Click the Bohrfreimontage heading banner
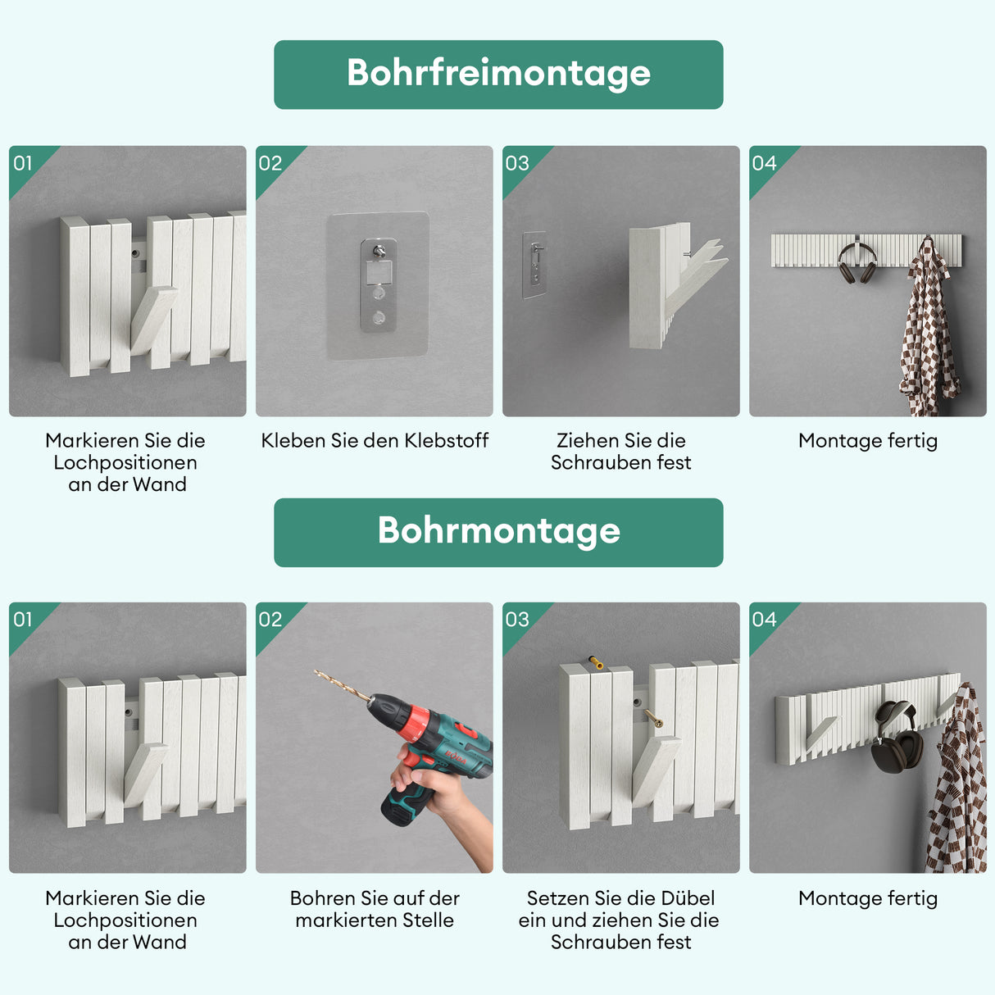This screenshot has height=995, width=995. coord(498,75)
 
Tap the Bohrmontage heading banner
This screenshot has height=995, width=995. coord(498,532)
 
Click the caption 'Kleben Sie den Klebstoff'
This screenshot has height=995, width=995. coord(375,441)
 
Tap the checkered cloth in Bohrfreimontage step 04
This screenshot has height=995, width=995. coord(929,336)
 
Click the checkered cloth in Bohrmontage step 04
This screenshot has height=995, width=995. coord(957,787)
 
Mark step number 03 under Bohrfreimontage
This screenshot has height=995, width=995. coord(517,163)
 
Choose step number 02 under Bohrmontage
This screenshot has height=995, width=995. coord(270,620)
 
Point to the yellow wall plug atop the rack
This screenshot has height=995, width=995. coord(596,661)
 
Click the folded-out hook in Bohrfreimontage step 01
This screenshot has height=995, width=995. coord(154,320)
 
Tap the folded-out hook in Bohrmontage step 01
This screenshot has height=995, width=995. coord(146,774)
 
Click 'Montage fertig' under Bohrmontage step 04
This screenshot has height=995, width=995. coord(867,898)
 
